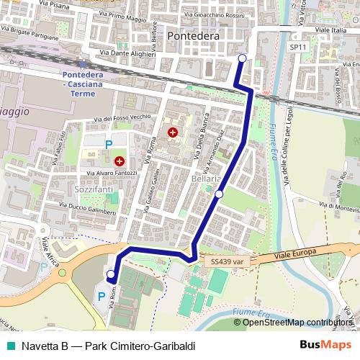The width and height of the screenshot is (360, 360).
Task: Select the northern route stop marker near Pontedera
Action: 242,58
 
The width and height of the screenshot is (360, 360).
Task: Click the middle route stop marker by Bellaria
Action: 219,194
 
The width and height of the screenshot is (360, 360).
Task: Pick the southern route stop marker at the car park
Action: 110,274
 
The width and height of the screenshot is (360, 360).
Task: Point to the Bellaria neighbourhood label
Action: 207,178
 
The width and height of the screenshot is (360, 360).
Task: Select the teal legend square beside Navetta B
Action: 9,346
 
